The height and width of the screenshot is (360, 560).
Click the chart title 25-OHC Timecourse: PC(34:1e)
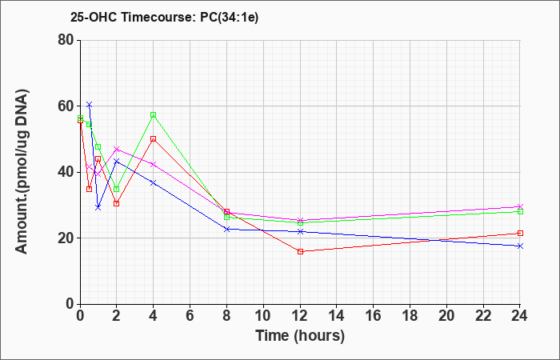tap(164, 18)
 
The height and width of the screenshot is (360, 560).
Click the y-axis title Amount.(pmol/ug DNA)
tap(22, 172)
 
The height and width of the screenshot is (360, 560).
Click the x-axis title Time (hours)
tap(300, 336)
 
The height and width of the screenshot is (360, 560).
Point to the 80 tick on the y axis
tap(68, 40)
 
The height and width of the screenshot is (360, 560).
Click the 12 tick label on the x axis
tap(300, 316)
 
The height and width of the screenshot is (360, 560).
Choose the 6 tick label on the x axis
tap(190, 316)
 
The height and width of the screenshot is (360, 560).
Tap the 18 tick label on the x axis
tap(410, 316)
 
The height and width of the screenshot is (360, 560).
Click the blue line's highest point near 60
tap(90, 104)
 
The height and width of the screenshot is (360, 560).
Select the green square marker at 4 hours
tap(154, 115)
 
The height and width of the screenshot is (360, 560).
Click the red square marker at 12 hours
tap(300, 252)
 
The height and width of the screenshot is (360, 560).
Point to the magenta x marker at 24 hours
tap(520, 206)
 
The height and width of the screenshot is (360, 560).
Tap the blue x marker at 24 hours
tap(520, 246)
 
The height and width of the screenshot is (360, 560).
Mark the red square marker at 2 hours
tap(117, 203)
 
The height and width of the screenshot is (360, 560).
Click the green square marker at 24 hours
tap(520, 212)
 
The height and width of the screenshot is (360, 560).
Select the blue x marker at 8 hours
tap(226, 230)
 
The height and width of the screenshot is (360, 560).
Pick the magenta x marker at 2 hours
tap(117, 149)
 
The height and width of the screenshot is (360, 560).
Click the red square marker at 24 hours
tap(520, 234)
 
